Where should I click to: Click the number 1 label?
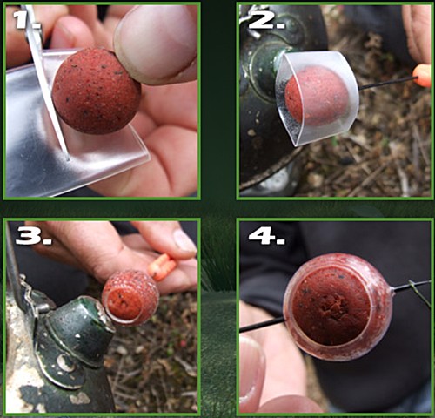point(28,20)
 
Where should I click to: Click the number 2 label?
point(266,20)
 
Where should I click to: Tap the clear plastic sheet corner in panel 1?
point(149,158)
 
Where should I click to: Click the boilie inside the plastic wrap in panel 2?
point(317,96)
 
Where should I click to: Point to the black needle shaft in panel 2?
point(386,83)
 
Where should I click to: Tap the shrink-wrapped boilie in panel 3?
point(130,297)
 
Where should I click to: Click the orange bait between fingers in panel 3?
point(162,267)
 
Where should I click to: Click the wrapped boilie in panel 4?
point(338,307)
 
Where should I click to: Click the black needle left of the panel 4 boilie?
point(262,325)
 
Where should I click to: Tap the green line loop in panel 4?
point(419,292)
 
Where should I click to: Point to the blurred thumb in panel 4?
point(253,374)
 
